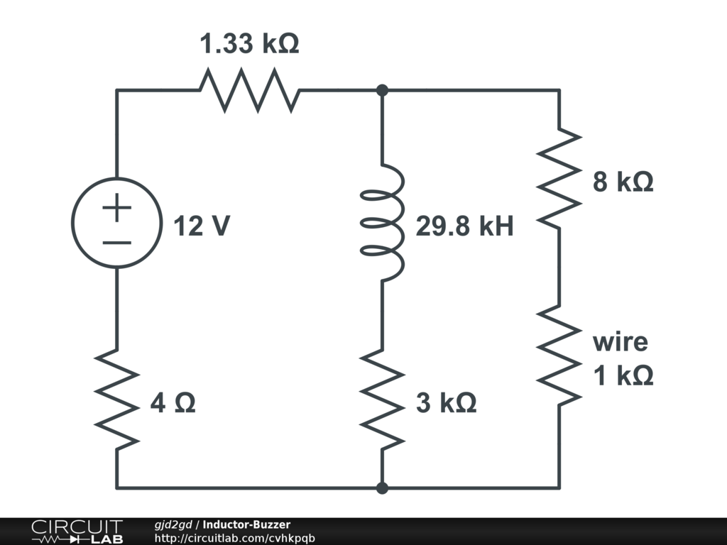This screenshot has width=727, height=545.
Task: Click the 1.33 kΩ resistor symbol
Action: click(249, 90)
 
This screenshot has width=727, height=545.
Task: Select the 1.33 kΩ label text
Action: click(249, 45)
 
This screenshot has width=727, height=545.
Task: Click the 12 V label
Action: click(202, 226)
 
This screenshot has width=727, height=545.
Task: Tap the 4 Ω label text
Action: click(173, 403)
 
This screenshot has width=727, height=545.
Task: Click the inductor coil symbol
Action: click(383, 222)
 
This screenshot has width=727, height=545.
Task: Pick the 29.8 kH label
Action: click(464, 227)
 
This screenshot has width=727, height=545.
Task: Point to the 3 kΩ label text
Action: click(446, 403)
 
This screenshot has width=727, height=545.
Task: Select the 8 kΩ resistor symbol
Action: click(559, 177)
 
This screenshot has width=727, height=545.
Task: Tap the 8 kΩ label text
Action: click(623, 182)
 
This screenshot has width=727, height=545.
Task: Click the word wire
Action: click(621, 341)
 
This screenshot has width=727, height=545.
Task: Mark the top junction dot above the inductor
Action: click(383, 90)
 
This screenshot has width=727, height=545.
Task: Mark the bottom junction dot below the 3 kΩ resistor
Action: click(383, 488)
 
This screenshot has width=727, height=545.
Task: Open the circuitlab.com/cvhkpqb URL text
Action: click(234, 538)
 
